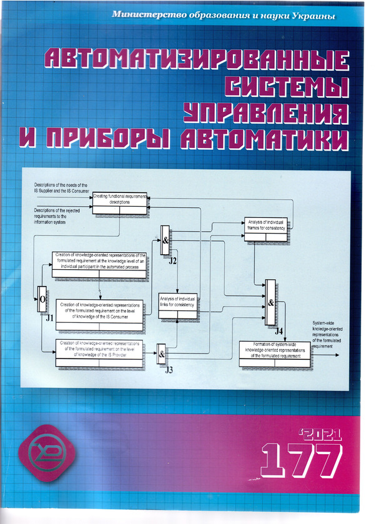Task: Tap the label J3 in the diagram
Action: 169,370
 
